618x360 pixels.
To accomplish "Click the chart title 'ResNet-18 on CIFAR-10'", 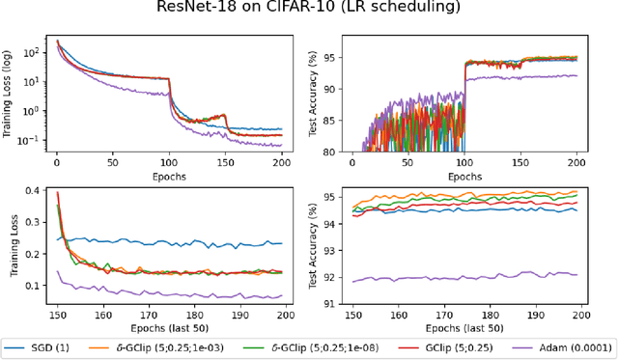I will tap(309, 8).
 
